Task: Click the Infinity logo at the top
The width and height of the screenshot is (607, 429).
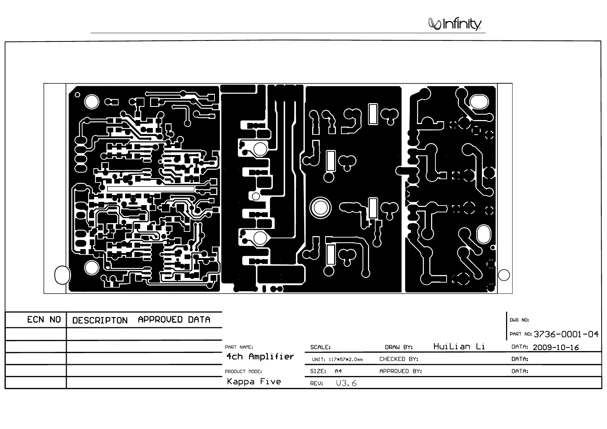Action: [455, 24]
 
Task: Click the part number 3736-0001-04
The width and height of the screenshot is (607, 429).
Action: [566, 334]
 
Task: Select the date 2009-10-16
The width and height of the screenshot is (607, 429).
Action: [555, 348]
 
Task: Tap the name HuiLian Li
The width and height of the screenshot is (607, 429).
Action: [459, 346]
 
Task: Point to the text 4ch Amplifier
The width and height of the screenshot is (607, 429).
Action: [260, 357]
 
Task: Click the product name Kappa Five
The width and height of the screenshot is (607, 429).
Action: [254, 381]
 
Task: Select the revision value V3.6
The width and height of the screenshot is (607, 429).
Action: [346, 383]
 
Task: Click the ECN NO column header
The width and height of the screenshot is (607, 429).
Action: [44, 320]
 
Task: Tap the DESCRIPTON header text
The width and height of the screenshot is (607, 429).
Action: [100, 320]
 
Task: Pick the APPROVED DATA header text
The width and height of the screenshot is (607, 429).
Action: [174, 320]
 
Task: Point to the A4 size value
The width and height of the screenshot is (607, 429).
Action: [338, 371]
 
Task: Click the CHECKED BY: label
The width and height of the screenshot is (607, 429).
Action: [399, 359]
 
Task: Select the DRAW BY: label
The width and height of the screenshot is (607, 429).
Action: [399, 347]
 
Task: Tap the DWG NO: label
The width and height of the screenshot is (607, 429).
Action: [519, 320]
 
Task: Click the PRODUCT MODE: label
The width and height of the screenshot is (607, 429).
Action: [243, 371]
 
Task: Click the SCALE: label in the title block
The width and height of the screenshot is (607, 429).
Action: [320, 347]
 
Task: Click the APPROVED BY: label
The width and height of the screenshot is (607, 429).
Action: [400, 371]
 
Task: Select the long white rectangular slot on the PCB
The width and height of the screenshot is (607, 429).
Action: [151, 189]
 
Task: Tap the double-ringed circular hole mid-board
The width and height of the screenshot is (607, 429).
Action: [320, 208]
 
